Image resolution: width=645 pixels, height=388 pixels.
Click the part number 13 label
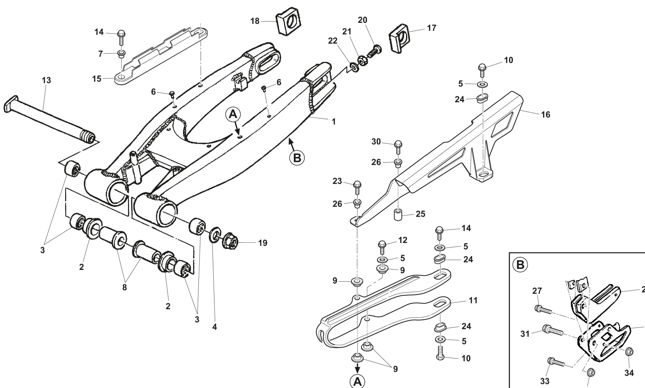[46, 80]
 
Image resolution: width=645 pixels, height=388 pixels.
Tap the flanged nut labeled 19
[230, 241]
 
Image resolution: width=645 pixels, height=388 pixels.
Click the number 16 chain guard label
[545, 115]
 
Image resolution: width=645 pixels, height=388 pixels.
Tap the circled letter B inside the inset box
[520, 265]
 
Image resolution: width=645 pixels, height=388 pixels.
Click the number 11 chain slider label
[473, 301]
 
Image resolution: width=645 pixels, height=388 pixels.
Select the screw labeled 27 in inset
[543, 310]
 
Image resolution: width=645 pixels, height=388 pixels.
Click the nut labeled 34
[629, 352]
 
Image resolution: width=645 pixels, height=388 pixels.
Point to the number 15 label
[97, 79]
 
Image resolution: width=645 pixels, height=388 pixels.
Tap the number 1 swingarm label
[334, 122]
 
